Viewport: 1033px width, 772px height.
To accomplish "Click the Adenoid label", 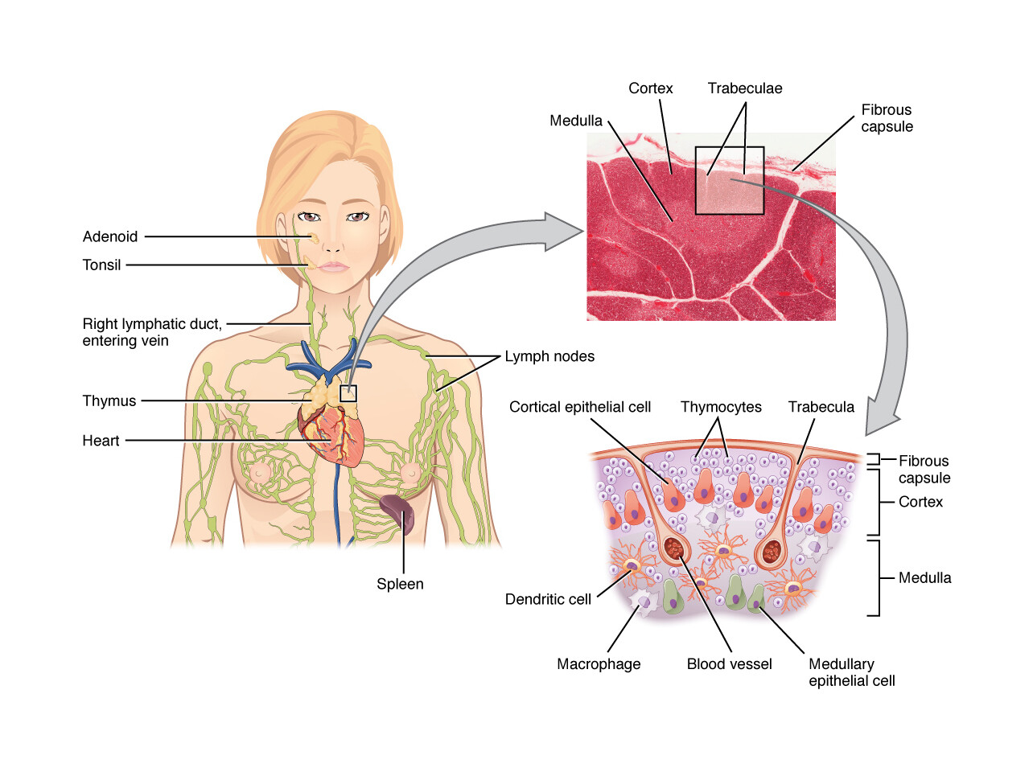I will tap(110, 236).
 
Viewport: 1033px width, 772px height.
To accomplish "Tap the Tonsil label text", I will tap(101, 265).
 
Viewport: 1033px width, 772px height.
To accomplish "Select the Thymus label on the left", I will tap(109, 400).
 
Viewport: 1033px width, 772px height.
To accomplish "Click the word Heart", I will tap(101, 441).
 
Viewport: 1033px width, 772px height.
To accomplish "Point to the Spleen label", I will tap(400, 584).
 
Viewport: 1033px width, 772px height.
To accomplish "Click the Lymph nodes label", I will tap(549, 356).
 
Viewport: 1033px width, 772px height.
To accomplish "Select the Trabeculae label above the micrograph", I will tap(745, 88).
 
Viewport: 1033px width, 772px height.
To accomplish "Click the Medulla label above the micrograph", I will tap(576, 121).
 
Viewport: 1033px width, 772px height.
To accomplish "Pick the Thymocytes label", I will tap(721, 407).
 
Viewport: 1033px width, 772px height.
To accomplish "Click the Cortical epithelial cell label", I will tap(580, 407).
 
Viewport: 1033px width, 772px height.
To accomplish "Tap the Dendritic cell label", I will tap(548, 599).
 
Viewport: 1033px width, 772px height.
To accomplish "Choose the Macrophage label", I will tap(599, 664).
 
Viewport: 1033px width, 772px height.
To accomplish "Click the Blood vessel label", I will tap(729, 664).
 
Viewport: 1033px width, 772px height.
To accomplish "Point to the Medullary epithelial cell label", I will tap(851, 672).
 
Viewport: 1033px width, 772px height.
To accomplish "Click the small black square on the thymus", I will tap(348, 393).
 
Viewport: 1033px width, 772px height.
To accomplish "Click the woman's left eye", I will tap(357, 216).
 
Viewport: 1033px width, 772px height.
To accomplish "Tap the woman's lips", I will tap(334, 266).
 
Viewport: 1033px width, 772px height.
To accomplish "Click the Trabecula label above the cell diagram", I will tap(821, 407).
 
